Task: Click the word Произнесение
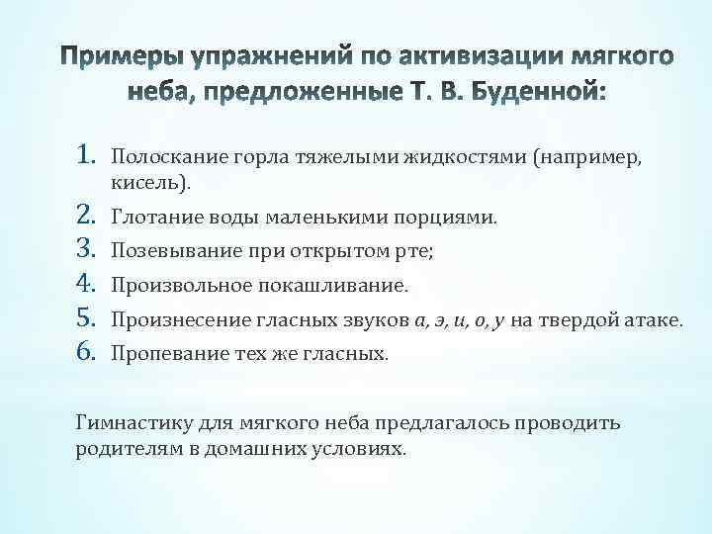click(x=164, y=320)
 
